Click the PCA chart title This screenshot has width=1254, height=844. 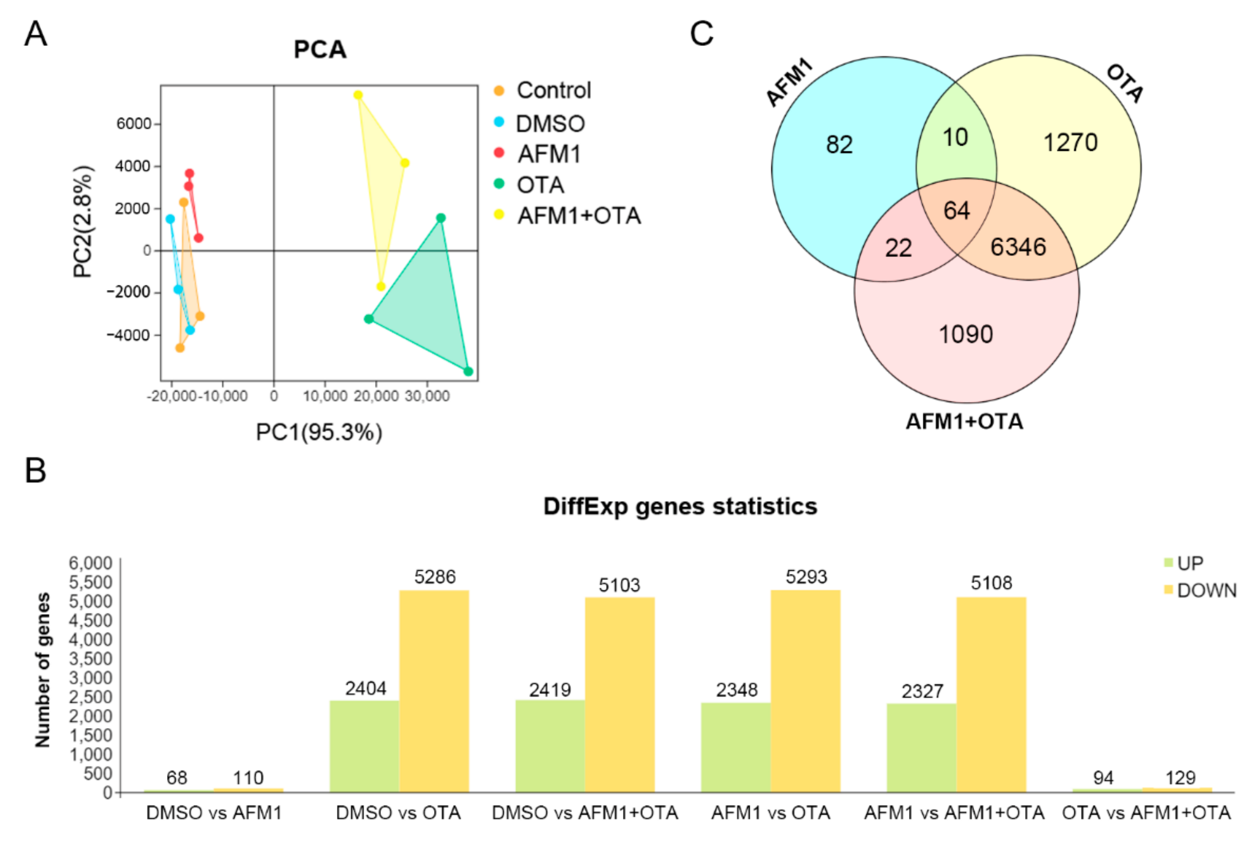pyautogui.click(x=320, y=49)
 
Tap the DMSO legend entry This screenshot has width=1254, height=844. pyautogui.click(x=550, y=124)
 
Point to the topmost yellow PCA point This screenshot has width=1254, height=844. pyautogui.click(x=358, y=95)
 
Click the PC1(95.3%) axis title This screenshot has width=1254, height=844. pyautogui.click(x=319, y=432)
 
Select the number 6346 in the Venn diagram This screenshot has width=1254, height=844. pyautogui.click(x=1018, y=247)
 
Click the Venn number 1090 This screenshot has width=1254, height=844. pyautogui.click(x=965, y=334)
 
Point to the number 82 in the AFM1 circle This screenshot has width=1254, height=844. pyautogui.click(x=839, y=145)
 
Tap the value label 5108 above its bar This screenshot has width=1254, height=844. pyautogui.click(x=991, y=583)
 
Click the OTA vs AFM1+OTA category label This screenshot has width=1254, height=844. pyautogui.click(x=1146, y=813)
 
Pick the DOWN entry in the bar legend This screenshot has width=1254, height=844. pyautogui.click(x=1206, y=590)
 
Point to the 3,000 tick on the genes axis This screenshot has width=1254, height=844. pyautogui.click(x=90, y=678)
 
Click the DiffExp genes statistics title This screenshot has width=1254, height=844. pyautogui.click(x=680, y=507)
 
